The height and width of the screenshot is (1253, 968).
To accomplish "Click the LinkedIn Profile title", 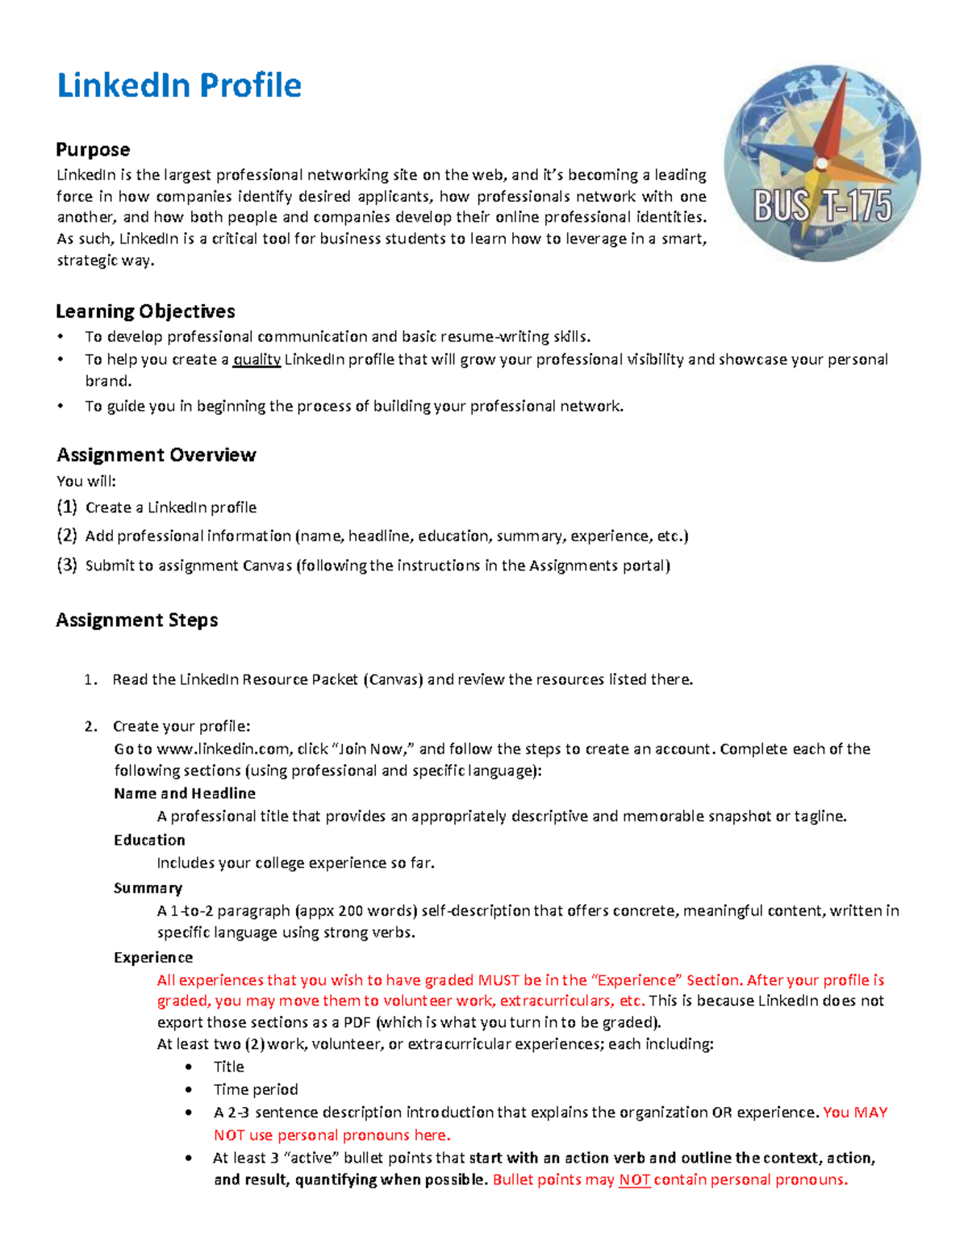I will point(179,86).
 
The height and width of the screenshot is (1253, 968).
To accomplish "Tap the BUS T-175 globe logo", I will point(822,163).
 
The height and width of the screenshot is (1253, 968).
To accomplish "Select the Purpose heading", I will point(93,150).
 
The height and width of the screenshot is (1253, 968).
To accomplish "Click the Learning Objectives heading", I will point(145,311).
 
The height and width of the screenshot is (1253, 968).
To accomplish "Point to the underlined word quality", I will point(257,360).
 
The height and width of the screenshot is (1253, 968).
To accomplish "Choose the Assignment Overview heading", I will point(156,455).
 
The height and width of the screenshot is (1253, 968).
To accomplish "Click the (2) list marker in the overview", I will point(67,536).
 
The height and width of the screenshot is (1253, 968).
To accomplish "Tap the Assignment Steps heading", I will point(137,620).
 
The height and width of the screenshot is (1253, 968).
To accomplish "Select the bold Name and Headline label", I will point(185,793).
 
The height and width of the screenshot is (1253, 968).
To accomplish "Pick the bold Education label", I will point(149,840).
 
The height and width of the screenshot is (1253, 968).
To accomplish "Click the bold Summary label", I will point(148,888).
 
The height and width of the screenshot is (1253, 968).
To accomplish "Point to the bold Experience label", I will point(153,958).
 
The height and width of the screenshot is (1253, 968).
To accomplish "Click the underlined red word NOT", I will point(634,1180).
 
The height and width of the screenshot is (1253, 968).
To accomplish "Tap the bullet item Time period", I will point(256,1089).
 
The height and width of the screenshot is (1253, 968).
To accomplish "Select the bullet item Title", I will point(228,1067).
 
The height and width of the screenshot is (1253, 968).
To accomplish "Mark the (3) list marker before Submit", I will point(67,565).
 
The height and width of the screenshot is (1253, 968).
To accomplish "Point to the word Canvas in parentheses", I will point(394,679).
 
